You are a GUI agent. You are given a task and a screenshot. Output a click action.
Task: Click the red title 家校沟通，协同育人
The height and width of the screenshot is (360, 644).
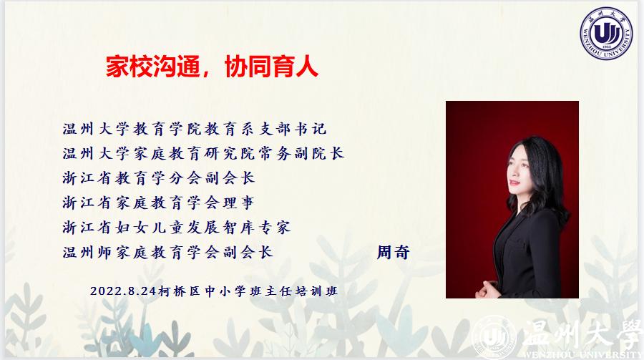(212, 66)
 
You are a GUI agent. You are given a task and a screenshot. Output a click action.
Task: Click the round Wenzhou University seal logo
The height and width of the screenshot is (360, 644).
(606, 33)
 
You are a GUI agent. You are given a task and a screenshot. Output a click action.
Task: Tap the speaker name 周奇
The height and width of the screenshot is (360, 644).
(393, 252)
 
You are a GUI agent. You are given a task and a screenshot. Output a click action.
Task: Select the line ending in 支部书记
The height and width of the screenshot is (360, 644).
(195, 129)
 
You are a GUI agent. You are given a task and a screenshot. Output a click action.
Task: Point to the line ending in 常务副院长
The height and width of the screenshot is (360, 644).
(203, 153)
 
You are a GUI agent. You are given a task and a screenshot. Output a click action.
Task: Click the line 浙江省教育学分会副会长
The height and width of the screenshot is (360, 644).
(159, 178)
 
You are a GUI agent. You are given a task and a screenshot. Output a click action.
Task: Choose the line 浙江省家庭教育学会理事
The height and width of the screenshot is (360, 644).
(159, 203)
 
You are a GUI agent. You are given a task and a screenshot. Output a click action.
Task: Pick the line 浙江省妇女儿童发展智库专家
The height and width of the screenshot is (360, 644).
(177, 228)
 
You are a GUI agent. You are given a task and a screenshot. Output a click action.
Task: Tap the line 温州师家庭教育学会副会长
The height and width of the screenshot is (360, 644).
(167, 252)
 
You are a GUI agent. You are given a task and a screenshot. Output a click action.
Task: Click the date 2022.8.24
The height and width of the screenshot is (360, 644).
(123, 291)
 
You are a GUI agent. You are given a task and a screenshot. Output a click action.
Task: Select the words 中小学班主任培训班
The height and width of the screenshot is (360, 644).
(271, 291)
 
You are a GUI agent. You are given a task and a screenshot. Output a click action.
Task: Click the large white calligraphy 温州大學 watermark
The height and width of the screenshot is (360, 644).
(582, 336)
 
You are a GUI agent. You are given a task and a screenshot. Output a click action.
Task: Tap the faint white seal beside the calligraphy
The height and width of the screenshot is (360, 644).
(494, 338)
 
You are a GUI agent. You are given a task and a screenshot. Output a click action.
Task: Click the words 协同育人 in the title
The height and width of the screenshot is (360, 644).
(271, 66)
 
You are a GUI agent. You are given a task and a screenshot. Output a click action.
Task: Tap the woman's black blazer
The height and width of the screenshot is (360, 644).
(530, 255)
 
